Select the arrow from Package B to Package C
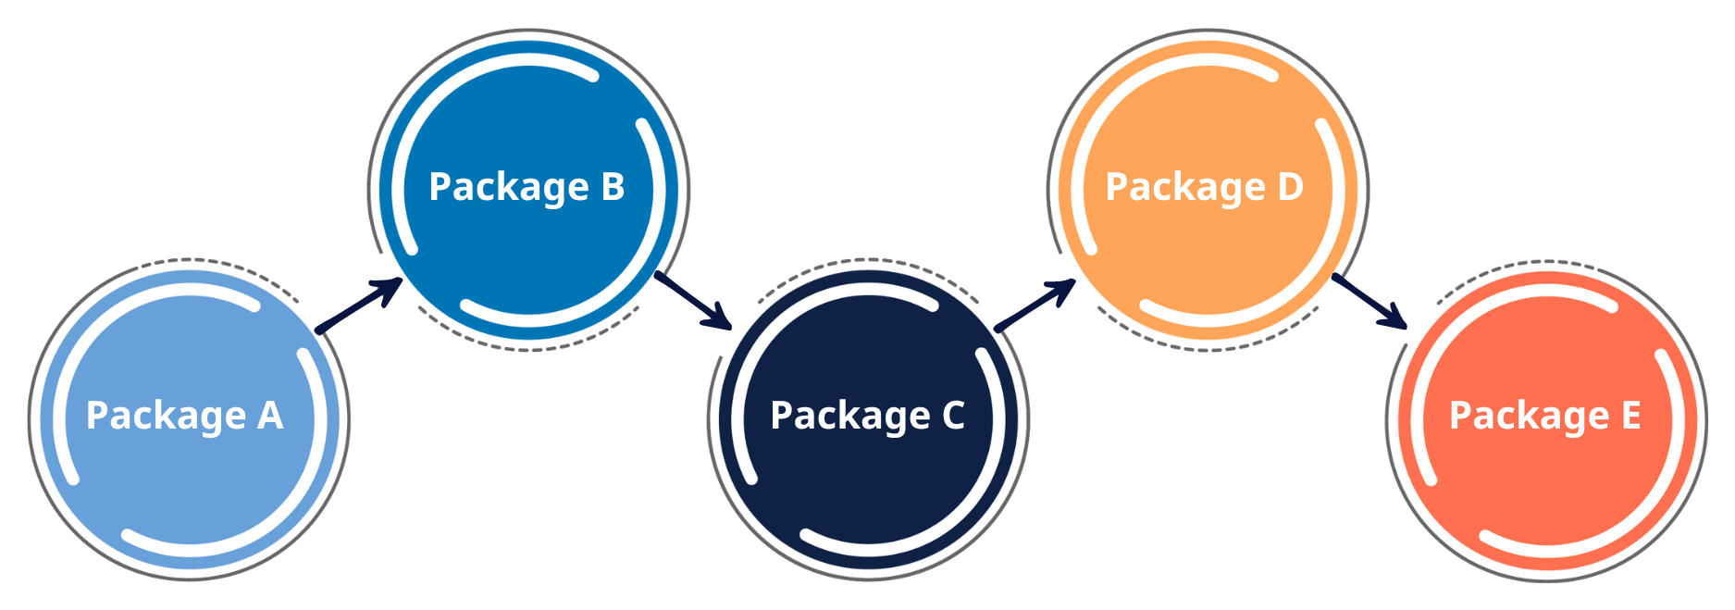(694, 302)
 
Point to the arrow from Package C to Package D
(1035, 306)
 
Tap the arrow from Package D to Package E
(1369, 301)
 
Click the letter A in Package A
(270, 416)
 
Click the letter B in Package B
(613, 186)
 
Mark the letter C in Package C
(953, 416)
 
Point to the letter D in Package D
(1290, 186)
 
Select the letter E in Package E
(1630, 416)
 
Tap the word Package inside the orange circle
(1185, 188)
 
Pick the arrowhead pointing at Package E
(1394, 317)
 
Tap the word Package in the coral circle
(1529, 417)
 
